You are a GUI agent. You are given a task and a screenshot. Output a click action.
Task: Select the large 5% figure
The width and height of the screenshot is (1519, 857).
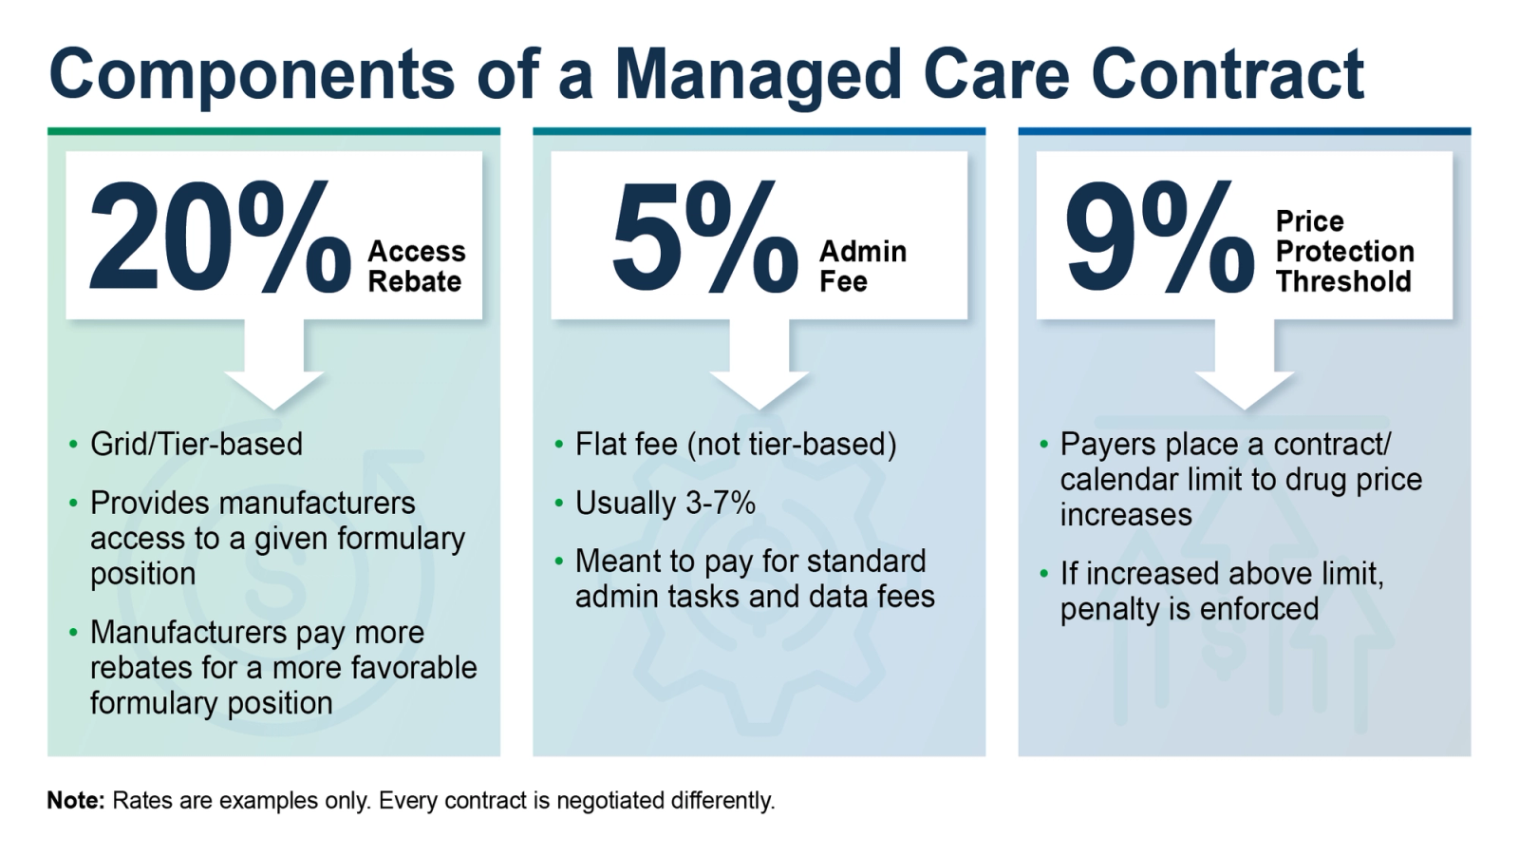coord(704,238)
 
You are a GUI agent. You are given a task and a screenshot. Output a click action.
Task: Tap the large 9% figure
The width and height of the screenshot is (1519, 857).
coord(1159,238)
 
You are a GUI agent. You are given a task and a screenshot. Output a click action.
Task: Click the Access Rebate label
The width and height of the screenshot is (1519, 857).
coord(416,266)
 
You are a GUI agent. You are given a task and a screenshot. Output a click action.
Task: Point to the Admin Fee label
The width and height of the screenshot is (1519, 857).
coord(862,266)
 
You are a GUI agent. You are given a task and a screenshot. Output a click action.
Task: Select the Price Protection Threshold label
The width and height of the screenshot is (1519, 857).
coord(1344,252)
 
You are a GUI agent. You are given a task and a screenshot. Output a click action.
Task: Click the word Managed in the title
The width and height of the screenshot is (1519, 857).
coord(758,74)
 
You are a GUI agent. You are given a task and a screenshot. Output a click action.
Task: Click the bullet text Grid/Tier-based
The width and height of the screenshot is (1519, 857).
coord(197,444)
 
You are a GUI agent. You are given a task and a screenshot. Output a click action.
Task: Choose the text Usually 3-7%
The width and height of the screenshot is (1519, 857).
coord(665,503)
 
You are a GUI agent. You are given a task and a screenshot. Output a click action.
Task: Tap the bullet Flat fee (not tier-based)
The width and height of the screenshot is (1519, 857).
coord(736,444)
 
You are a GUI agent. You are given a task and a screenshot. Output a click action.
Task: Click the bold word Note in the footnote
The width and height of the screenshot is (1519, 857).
coord(75,801)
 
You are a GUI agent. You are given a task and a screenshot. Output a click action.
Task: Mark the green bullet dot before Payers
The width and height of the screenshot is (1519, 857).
coord(1044,444)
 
